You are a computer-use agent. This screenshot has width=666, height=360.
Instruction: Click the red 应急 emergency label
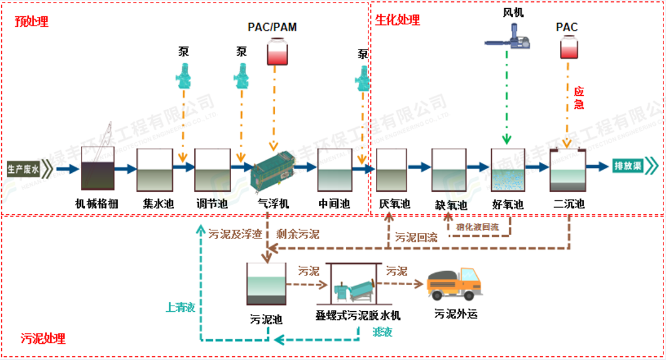pos(579,98)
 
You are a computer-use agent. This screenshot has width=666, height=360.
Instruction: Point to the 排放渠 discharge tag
pos(629,167)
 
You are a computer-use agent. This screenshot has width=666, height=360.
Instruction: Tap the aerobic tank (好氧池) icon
pos(507,170)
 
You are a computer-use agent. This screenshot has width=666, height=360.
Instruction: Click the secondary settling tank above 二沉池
pos(566,170)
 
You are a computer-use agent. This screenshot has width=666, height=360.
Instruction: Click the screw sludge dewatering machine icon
pos(355,285)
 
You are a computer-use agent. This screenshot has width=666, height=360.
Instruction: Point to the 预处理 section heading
pos(31,21)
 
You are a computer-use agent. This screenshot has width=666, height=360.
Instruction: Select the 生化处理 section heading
pos(398,19)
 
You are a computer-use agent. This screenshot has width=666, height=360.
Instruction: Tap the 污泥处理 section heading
pos(43,339)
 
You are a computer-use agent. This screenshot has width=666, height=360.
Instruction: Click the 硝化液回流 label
pos(477,227)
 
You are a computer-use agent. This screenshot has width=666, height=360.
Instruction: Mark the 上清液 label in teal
pos(180,307)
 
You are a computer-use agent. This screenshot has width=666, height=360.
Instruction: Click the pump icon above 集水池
pos(184,75)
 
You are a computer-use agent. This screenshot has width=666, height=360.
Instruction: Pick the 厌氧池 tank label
pos(395,204)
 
